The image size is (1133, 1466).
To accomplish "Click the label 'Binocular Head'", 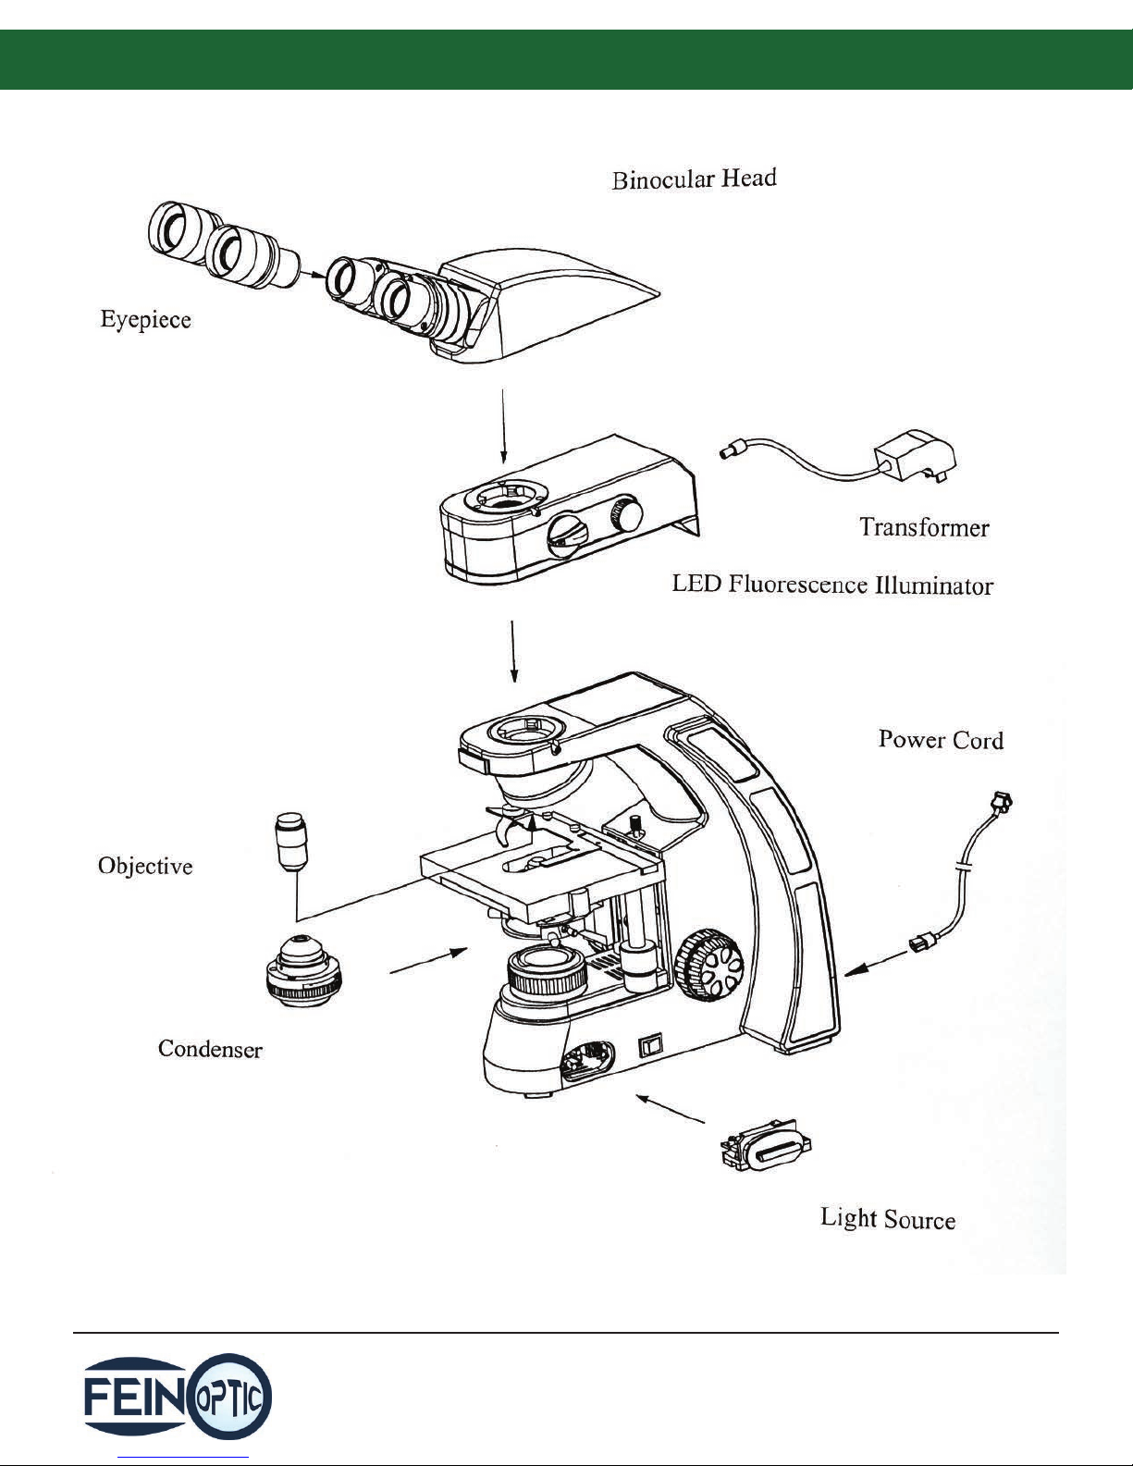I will (x=694, y=179).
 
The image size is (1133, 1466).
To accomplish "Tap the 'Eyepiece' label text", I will (x=145, y=320).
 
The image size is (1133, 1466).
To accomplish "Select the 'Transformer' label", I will (x=924, y=527).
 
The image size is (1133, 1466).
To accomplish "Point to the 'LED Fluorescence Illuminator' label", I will (x=832, y=585).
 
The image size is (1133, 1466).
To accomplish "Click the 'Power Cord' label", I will (x=941, y=740).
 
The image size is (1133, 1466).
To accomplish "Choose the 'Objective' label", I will (x=145, y=866).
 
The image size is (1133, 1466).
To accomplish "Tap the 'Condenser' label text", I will (x=210, y=1049).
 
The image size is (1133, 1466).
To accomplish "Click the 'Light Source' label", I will (x=888, y=1219).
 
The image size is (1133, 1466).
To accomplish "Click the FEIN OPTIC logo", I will (x=178, y=1398).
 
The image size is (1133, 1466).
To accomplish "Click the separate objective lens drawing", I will (x=290, y=841).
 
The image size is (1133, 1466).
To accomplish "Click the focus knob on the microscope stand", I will (x=709, y=965).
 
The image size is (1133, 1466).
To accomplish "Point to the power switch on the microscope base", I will (x=651, y=1044).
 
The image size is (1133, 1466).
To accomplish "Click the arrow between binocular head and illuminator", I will (x=503, y=425).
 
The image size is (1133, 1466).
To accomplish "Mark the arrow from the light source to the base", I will (x=670, y=1108).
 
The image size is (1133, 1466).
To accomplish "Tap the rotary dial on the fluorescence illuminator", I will (x=567, y=535).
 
